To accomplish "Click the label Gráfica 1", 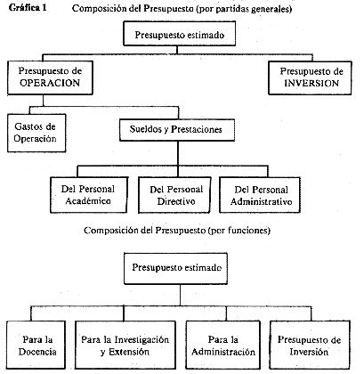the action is (28, 7).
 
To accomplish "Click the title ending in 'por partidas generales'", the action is (182, 8).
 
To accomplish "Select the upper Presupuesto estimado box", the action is (180, 34).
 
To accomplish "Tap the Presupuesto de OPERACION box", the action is (50, 77).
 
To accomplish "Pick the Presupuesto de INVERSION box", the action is (310, 77).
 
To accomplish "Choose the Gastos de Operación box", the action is (36, 133).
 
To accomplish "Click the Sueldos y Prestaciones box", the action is (177, 130).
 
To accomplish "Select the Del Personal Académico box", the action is (89, 195).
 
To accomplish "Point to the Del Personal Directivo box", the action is (174, 195).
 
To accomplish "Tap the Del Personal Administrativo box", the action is (260, 195).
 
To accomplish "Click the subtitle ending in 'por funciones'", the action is (177, 231).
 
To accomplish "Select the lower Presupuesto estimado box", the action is (175, 268).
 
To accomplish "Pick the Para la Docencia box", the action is (36, 345).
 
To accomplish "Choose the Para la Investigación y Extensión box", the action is (125, 345).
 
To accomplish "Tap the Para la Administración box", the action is (223, 345).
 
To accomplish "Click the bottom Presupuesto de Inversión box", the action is (310, 345).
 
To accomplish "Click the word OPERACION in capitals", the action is (50, 83).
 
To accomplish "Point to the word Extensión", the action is (129, 352).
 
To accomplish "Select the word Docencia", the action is (37, 352).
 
